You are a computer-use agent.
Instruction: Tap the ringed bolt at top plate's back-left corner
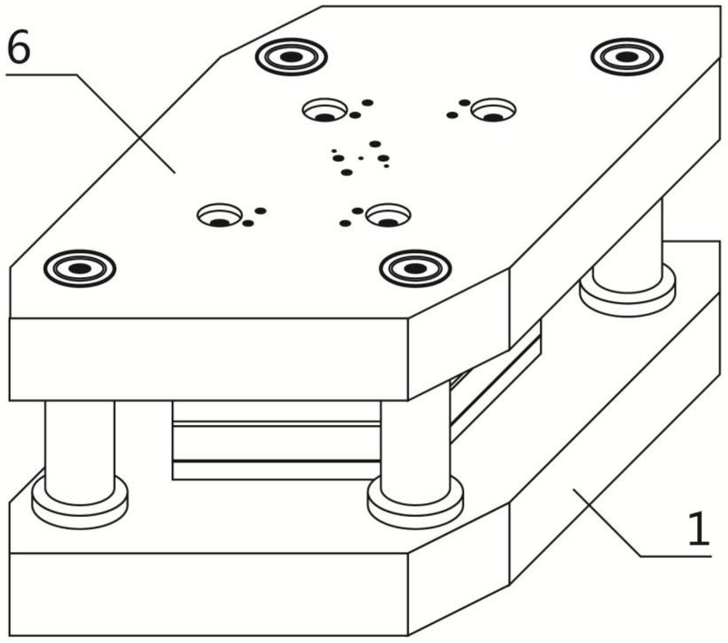[291, 57]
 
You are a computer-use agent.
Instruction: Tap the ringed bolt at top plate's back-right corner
[627, 57]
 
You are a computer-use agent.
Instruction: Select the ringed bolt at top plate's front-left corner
[80, 268]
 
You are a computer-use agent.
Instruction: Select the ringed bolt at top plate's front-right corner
[416, 268]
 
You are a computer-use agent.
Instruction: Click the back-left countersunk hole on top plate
[325, 110]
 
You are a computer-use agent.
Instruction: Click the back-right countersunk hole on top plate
[493, 110]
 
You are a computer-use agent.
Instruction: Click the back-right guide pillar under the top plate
[627, 248]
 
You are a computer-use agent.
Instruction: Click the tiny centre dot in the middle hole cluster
[361, 158]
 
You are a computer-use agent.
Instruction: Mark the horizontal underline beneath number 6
[41, 75]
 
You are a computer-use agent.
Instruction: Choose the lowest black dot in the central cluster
[347, 172]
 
